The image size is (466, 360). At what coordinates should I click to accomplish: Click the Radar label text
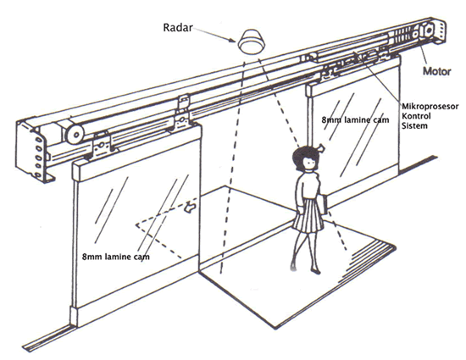click(x=178, y=28)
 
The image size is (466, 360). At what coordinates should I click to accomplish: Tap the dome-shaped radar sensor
click(x=252, y=42)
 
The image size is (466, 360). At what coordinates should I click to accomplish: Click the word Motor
click(x=436, y=71)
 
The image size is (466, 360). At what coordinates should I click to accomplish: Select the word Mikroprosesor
click(x=430, y=107)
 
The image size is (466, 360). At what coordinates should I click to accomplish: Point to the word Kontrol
click(x=416, y=116)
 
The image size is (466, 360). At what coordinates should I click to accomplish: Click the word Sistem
click(x=414, y=125)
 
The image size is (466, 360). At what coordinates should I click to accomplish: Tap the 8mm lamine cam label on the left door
click(x=116, y=257)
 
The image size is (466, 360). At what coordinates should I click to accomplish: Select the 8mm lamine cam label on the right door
click(x=355, y=120)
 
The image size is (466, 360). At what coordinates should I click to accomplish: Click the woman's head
click(x=306, y=159)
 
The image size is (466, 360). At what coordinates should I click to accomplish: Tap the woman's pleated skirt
click(x=308, y=215)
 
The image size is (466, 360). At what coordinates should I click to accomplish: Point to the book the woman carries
click(x=325, y=204)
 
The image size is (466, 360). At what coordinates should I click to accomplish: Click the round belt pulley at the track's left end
click(x=75, y=134)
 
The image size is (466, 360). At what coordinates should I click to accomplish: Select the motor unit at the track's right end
click(x=428, y=30)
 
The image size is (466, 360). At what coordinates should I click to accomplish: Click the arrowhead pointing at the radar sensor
click(x=232, y=40)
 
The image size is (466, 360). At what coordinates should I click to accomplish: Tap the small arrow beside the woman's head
click(x=321, y=147)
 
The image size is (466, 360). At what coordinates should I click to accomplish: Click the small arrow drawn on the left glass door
click(x=189, y=207)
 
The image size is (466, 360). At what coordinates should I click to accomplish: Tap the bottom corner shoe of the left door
click(x=74, y=316)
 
